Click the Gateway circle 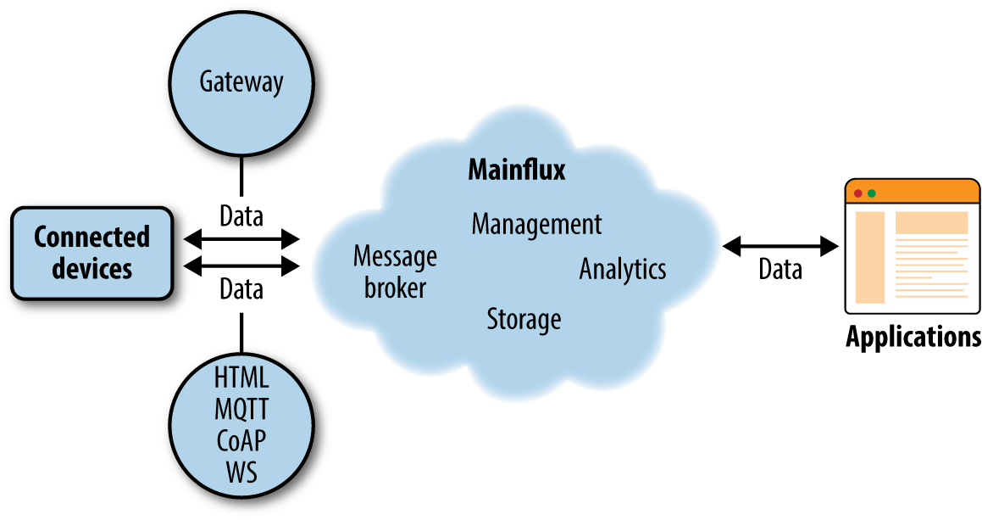point(241,83)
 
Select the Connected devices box point(92,254)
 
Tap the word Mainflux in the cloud point(517,170)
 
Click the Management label point(536,225)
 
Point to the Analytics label point(623,269)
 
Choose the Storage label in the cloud point(524,319)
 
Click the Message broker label point(395,271)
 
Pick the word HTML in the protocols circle point(241,377)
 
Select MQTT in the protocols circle point(241,409)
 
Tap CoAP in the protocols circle point(241,440)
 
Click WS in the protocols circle point(241,472)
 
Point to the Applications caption point(913,337)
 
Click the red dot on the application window point(858,193)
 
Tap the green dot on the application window point(871,193)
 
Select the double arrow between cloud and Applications point(780,246)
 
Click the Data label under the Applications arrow point(780,270)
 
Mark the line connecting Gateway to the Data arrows point(241,176)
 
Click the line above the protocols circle point(241,333)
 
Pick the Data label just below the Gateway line point(241,216)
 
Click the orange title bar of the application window point(913,192)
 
